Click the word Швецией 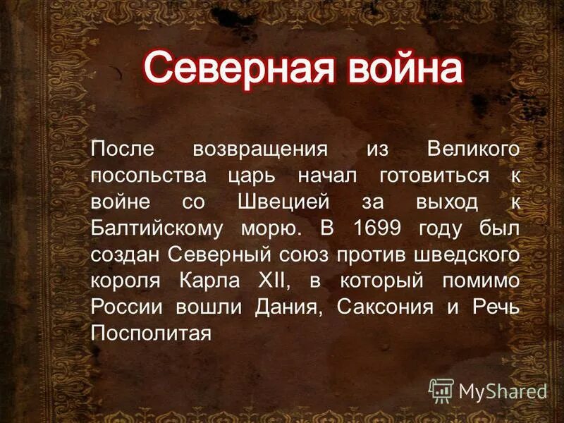(x=279, y=202)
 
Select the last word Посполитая (x=151, y=332)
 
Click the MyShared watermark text (x=502, y=390)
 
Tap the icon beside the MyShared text (x=441, y=389)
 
